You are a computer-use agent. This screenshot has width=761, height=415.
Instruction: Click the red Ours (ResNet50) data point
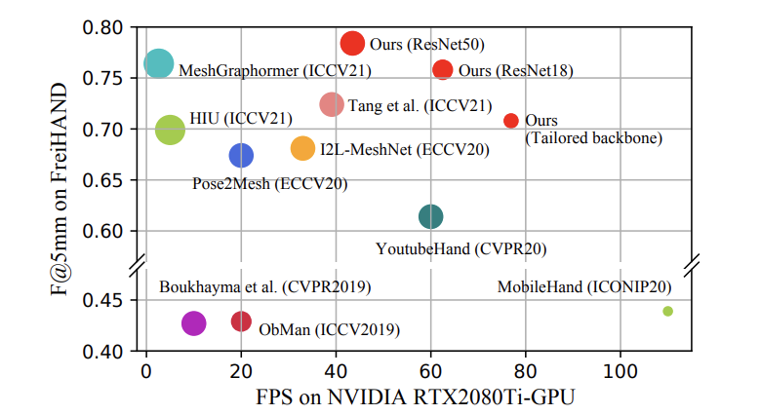click(x=353, y=43)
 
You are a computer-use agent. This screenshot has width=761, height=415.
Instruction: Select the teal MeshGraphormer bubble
click(x=158, y=63)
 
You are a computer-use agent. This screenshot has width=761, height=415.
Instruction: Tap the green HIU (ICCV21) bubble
click(x=170, y=130)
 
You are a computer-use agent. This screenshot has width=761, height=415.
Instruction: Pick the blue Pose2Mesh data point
click(x=241, y=155)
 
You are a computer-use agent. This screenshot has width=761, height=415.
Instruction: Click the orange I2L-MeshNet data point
click(x=303, y=148)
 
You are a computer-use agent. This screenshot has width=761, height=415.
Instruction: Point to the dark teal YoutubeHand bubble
click(x=430, y=216)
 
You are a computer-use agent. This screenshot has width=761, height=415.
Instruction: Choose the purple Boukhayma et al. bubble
click(x=193, y=323)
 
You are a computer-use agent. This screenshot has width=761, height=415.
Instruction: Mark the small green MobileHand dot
click(x=667, y=311)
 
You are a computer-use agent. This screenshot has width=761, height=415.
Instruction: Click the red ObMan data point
click(x=241, y=321)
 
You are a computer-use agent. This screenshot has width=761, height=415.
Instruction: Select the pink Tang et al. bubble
click(x=332, y=104)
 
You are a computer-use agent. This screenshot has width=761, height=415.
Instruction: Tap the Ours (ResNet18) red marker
click(x=442, y=69)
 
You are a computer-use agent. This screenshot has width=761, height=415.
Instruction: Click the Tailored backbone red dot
click(x=510, y=121)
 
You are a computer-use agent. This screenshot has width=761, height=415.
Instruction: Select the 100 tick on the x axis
click(x=620, y=372)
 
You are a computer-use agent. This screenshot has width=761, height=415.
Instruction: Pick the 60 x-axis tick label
click(x=430, y=372)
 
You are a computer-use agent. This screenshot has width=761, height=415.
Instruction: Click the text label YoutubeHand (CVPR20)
click(x=461, y=248)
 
